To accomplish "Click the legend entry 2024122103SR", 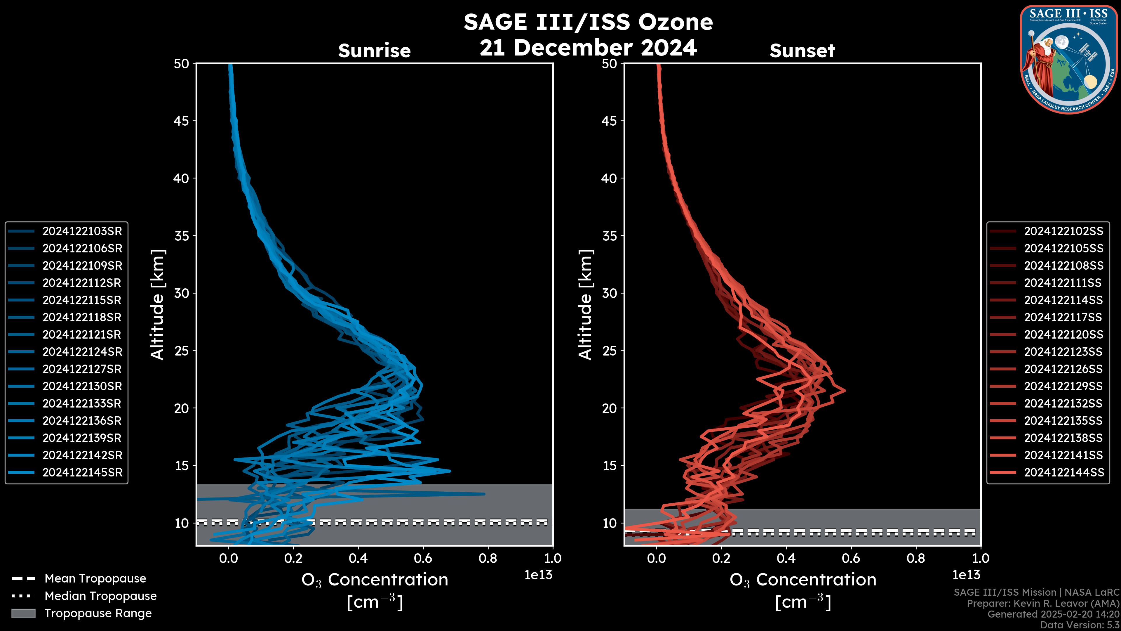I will click(82, 231).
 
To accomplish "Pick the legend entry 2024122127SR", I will click(82, 369).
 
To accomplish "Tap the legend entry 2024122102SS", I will click(1063, 231).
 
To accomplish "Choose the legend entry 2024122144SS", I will click(1063, 472).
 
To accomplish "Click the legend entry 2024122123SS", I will click(1063, 352).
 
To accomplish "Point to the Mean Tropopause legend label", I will click(95, 579).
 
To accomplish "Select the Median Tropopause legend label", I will click(100, 596).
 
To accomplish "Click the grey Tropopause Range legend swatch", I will click(23, 613).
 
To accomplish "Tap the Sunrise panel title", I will click(374, 51).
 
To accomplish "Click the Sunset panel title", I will click(802, 51).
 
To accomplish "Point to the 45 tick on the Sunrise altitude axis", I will click(182, 121).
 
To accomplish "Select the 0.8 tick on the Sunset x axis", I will click(915, 558).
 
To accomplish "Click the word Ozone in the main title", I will click(676, 22).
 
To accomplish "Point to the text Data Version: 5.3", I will click(1079, 625).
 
